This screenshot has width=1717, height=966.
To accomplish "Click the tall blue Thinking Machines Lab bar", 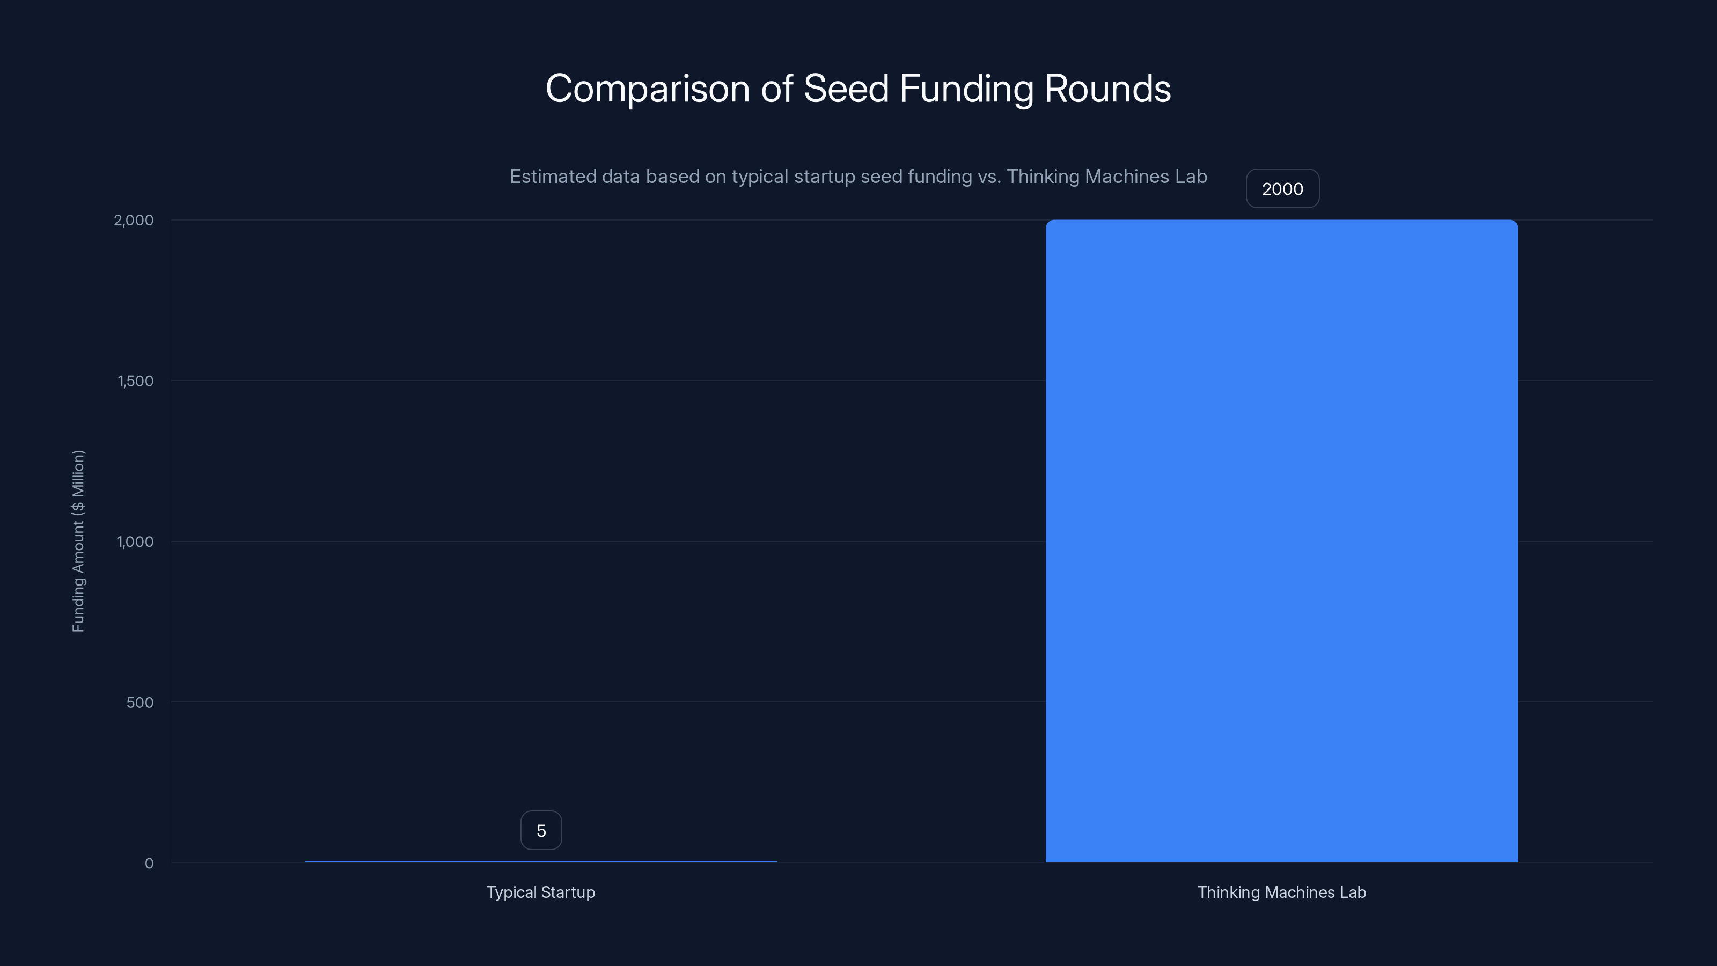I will pos(1281,540).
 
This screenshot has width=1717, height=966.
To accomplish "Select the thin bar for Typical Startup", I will pos(540,861).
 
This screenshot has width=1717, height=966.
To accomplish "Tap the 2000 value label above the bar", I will pos(1282,189).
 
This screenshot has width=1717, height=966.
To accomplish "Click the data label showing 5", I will pos(540,831).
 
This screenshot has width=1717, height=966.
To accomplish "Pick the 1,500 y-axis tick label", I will pos(135,380).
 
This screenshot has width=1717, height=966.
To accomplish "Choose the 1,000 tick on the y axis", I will pos(135,541).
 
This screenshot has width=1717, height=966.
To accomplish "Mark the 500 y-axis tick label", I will pos(140,702).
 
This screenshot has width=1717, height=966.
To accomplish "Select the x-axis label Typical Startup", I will pos(540,892).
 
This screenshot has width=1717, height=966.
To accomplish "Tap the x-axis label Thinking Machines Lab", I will pos(1281,892).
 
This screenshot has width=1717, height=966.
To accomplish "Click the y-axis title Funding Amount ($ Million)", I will pos(78,540).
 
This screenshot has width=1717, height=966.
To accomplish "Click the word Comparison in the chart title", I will pos(647,89).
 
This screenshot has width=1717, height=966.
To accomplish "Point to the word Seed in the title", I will pos(846,89).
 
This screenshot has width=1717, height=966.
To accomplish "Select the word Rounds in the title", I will pos(1107,89).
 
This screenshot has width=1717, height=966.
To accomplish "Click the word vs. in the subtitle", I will pos(989,177).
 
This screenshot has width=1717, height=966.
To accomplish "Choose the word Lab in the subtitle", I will pos(1191,177).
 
